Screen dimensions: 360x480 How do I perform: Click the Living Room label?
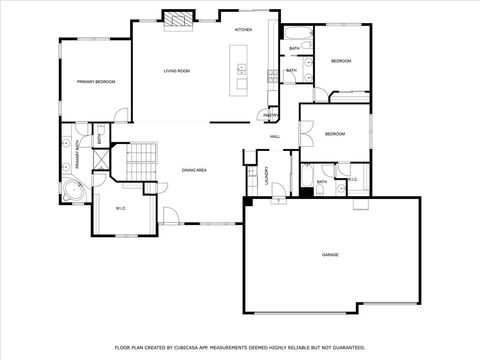(178, 71)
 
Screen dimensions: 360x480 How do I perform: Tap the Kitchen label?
(243, 30)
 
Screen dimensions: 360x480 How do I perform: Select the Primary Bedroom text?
(96, 82)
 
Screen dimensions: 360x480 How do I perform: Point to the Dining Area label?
(194, 171)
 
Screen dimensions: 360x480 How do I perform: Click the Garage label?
(330, 255)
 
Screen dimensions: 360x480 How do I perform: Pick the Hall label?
(274, 136)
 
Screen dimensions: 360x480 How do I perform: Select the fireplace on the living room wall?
(177, 18)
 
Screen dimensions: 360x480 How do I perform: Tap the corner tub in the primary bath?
(72, 191)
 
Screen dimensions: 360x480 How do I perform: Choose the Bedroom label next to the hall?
(334, 134)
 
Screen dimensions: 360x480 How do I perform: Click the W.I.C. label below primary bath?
(120, 208)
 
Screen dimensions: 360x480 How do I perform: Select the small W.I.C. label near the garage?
(352, 180)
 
